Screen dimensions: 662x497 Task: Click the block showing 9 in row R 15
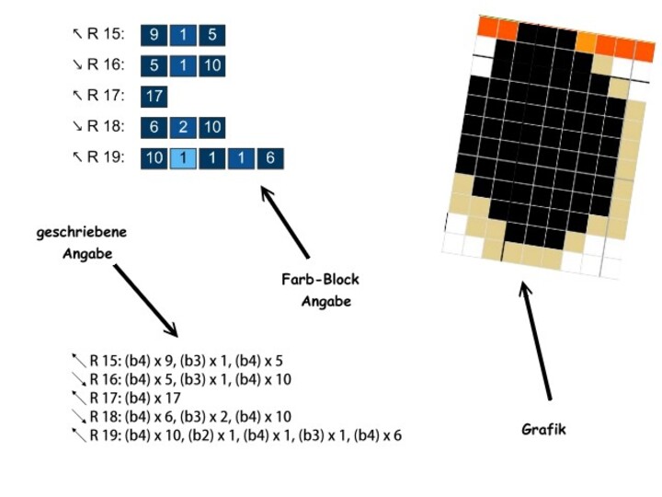(x=154, y=35)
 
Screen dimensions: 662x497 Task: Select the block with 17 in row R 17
(x=154, y=97)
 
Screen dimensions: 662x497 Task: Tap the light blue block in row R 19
(x=183, y=158)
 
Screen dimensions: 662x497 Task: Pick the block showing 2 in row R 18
(x=183, y=128)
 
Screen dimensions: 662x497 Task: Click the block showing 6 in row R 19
(x=270, y=158)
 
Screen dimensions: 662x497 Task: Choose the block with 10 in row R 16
(x=212, y=66)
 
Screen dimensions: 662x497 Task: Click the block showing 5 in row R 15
(x=212, y=35)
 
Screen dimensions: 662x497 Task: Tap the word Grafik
(x=543, y=430)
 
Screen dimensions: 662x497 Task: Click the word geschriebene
(x=82, y=233)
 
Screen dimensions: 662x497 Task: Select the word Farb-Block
(x=321, y=280)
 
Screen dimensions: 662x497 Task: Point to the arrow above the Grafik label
(x=535, y=341)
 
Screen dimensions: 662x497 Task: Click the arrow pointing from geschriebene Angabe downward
(x=145, y=300)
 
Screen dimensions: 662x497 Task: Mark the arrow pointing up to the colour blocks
(x=285, y=223)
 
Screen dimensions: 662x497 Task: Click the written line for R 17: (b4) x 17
(x=135, y=399)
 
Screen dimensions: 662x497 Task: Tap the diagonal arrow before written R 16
(x=79, y=379)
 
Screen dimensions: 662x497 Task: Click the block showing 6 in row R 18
(x=154, y=128)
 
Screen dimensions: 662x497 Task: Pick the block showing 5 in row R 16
(x=154, y=66)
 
